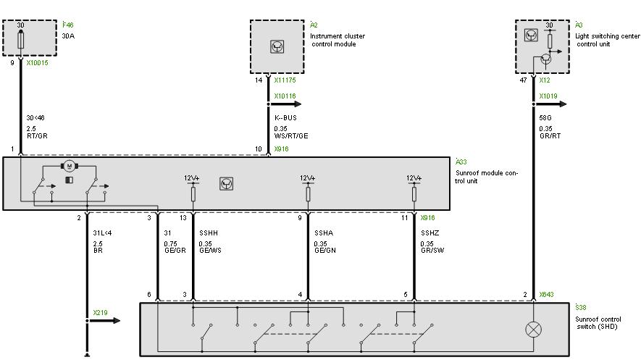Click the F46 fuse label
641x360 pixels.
(x=68, y=25)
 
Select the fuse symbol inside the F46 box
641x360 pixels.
(x=20, y=38)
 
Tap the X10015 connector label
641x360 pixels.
(x=37, y=63)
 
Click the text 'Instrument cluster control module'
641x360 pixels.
(x=337, y=40)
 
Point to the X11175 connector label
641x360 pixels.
(x=285, y=81)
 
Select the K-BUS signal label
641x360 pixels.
(x=286, y=117)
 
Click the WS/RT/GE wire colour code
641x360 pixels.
(x=291, y=135)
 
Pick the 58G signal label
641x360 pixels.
(x=545, y=117)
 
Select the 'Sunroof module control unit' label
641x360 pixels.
(x=487, y=177)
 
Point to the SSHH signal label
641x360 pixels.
(x=209, y=233)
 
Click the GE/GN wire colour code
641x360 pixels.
(x=324, y=251)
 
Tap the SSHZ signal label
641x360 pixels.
(x=430, y=233)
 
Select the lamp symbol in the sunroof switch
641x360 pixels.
(x=535, y=329)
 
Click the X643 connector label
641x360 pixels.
(x=546, y=295)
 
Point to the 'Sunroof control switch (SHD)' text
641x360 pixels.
(x=598, y=322)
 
